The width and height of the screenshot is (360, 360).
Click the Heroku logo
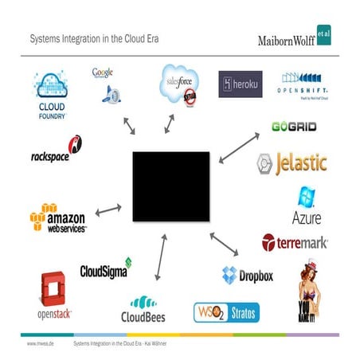click(x=240, y=84)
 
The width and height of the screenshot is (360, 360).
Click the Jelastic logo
click(x=292, y=164)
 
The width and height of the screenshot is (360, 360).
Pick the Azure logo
click(x=307, y=205)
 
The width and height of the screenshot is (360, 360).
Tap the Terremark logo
click(x=295, y=241)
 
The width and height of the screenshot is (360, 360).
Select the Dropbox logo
click(x=248, y=276)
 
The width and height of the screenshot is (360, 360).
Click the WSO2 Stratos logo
click(x=226, y=311)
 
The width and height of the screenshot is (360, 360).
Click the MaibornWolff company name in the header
click(x=287, y=40)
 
